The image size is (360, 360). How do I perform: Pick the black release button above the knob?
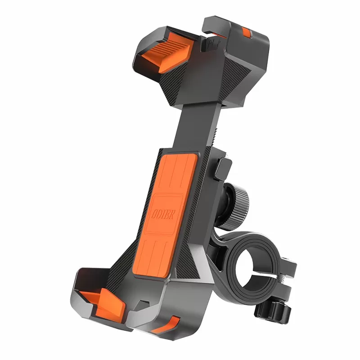224,168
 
